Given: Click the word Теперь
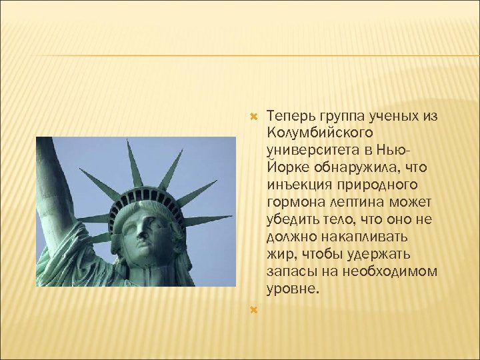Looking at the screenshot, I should click(x=286, y=117).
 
